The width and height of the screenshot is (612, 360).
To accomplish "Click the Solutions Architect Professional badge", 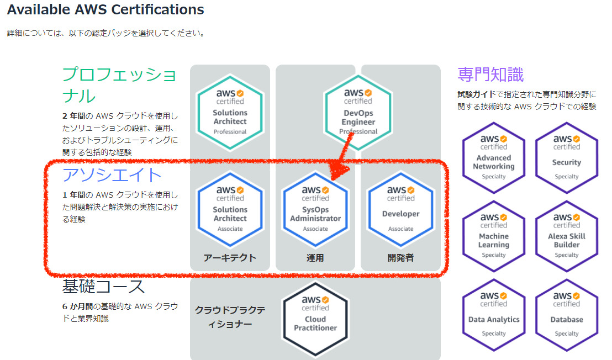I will point(230,113).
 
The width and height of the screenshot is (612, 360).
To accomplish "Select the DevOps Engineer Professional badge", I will point(358,113).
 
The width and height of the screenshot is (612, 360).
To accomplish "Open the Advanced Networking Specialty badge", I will point(494,158).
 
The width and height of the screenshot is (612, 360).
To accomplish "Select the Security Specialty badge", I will point(566,158).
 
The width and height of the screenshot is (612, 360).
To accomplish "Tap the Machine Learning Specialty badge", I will point(494,236).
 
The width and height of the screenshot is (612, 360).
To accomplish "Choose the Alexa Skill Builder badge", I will point(566,236).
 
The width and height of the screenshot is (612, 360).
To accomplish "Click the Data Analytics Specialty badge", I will point(494,315).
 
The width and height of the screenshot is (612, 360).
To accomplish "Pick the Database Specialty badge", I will point(566,315).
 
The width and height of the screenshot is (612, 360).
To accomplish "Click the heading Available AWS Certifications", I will point(105,9).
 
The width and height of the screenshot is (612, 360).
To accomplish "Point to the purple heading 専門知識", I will point(490,74).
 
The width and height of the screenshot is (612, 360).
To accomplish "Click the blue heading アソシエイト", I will point(112,175).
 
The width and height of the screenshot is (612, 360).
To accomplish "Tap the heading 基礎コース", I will point(103,287).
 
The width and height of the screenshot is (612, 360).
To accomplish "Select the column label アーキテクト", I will point(230,258).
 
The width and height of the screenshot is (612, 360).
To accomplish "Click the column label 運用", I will point(315,258).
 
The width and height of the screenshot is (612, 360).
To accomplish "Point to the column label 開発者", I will point(400,258).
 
